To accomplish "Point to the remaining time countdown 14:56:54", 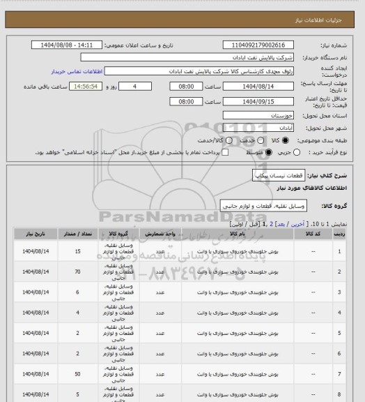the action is (x=87, y=85).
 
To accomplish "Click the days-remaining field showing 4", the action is (x=143, y=85).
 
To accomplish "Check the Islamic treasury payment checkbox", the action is (x=224, y=151).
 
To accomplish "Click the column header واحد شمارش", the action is (x=160, y=234).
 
